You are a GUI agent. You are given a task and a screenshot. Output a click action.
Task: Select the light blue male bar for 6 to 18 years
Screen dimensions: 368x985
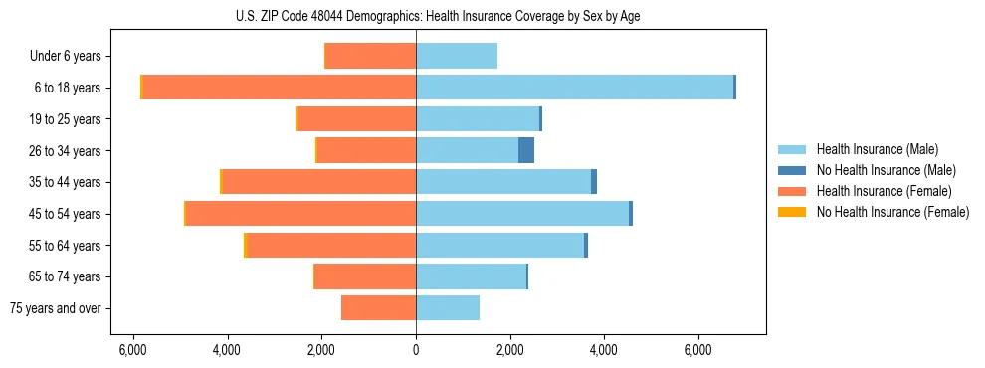pos(574,88)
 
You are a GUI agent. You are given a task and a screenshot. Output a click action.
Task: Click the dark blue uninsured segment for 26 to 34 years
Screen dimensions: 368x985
pos(526,151)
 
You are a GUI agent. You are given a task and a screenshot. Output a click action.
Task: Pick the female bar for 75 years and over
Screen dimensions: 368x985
pos(378,308)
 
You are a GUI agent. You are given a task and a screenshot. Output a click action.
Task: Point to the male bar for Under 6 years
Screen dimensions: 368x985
pos(457,57)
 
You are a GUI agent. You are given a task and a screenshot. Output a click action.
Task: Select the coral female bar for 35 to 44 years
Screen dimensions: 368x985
pos(318,182)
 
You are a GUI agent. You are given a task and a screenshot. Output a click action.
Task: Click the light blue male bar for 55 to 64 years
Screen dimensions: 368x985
pos(499,246)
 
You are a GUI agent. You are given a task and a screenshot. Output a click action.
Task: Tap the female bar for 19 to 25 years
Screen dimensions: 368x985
pos(357,119)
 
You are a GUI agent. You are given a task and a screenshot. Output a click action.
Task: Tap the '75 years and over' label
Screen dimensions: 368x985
pos(56,308)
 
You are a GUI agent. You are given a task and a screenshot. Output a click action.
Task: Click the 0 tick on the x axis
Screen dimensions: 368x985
pos(416,350)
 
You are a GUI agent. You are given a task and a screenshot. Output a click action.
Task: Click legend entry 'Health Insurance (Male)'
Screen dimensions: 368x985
pos(877,149)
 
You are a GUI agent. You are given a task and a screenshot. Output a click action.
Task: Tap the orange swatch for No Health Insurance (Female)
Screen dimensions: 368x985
pos(792,212)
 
